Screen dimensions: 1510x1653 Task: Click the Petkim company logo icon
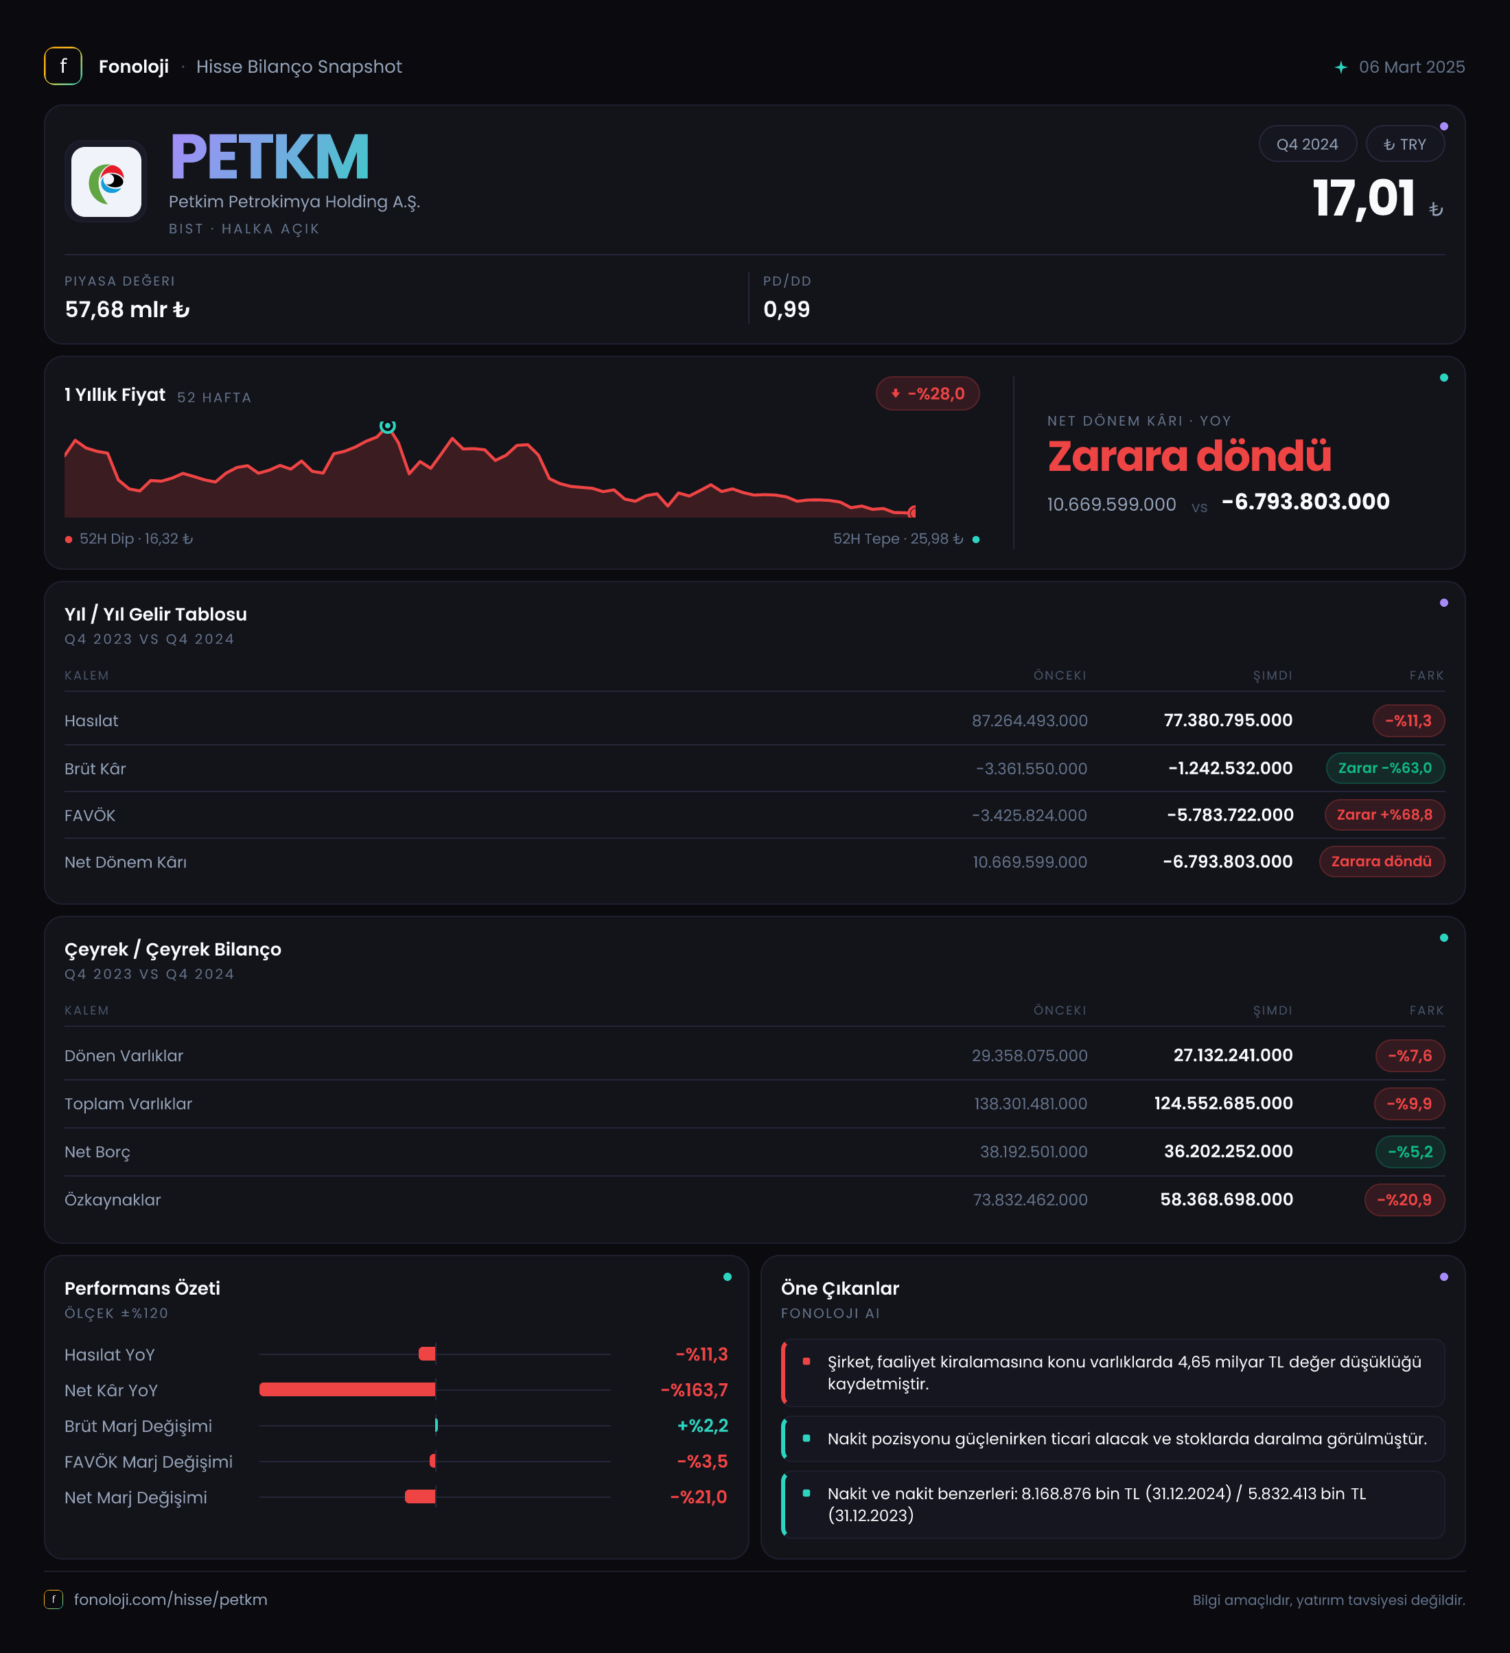click(106, 181)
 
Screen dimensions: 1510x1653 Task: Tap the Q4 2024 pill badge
click(1307, 143)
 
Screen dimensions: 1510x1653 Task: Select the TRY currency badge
click(1404, 143)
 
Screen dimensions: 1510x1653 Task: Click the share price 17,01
click(1363, 198)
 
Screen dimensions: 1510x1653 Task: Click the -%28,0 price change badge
click(927, 393)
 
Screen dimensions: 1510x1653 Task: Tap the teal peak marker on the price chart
click(388, 426)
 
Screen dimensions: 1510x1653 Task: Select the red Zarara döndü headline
click(1189, 456)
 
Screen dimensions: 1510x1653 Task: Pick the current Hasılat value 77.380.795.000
click(1228, 720)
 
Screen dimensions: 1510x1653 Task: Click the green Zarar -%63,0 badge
click(1384, 767)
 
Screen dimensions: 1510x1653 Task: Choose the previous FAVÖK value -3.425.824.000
click(1029, 815)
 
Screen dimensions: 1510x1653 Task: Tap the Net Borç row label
click(97, 1152)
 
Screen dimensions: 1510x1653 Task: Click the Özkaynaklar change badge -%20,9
click(1404, 1199)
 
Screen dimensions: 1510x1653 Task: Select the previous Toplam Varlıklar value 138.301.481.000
click(1030, 1104)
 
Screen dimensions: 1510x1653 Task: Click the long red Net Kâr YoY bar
click(347, 1389)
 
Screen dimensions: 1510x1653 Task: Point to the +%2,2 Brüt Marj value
click(703, 1425)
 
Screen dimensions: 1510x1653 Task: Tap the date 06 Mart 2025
click(1412, 67)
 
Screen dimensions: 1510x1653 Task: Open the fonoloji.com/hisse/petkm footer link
click(170, 1599)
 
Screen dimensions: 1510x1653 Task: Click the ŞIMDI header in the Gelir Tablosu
click(1273, 675)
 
